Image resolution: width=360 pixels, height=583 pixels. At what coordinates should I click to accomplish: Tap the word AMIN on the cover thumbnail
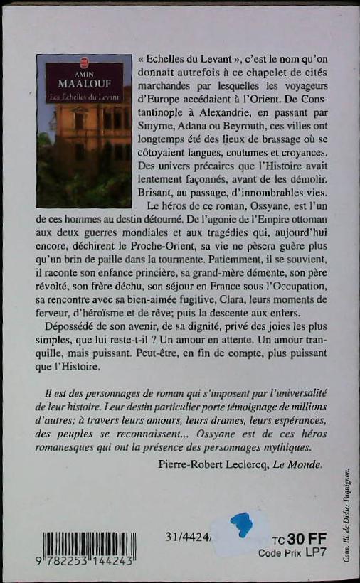tap(85, 72)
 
